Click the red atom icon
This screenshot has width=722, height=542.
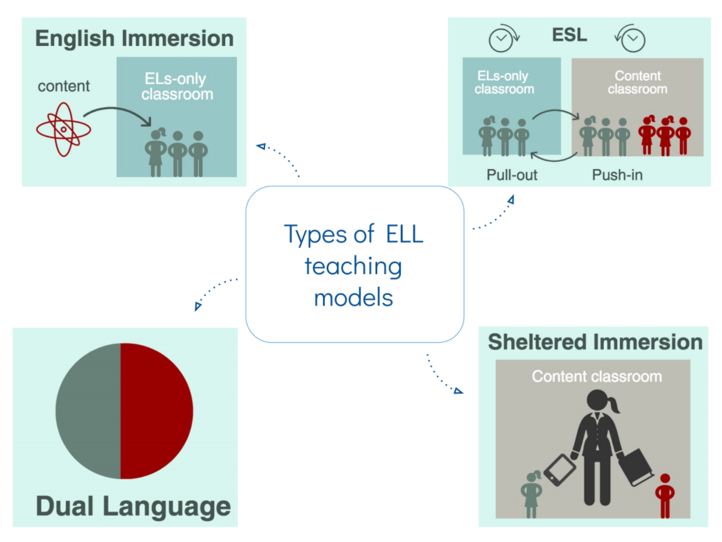(x=63, y=129)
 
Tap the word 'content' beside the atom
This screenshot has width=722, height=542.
(x=63, y=86)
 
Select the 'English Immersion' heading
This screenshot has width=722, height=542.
(x=134, y=38)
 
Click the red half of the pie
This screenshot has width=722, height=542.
(x=156, y=411)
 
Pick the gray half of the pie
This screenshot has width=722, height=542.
(x=88, y=411)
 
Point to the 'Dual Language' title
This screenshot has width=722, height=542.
(x=133, y=506)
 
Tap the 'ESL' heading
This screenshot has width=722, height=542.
(x=569, y=34)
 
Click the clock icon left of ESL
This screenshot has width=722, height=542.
(x=501, y=39)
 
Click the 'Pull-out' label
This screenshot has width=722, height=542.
(x=512, y=175)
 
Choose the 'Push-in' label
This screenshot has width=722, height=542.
(x=616, y=175)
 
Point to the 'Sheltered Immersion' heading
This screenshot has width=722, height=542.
(x=595, y=342)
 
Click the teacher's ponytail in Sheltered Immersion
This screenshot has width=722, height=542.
(x=615, y=406)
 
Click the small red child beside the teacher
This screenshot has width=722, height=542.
(x=665, y=495)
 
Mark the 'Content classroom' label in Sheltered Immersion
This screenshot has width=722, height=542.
(x=596, y=377)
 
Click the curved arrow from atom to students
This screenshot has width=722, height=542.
(x=118, y=110)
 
